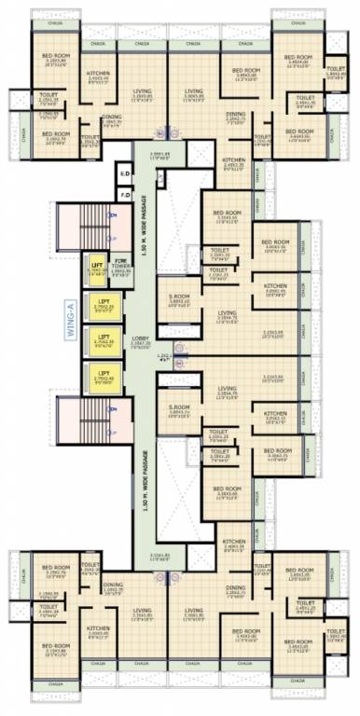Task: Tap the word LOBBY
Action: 138,337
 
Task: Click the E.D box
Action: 124,173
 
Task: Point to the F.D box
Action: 124,195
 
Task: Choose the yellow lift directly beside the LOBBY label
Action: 104,339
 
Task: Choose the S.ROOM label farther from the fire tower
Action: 179,408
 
